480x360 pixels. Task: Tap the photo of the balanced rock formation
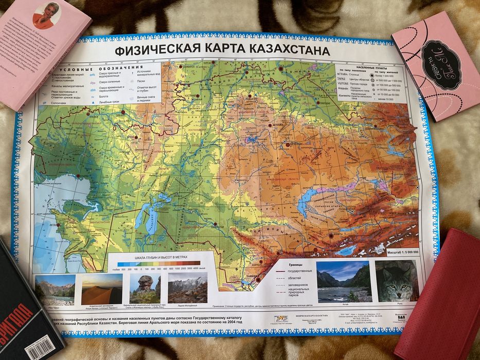click(x=144, y=289)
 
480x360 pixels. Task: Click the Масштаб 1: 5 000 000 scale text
click(x=403, y=253)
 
